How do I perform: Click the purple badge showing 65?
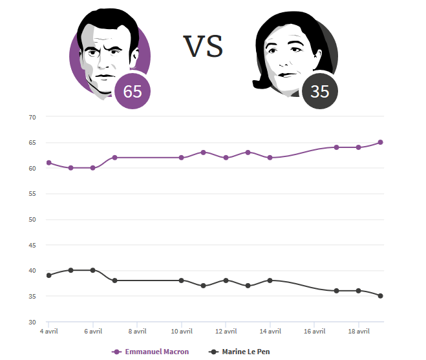133,92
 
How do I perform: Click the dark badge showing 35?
319,92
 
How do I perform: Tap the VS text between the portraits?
203,47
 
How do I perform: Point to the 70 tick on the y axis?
32,117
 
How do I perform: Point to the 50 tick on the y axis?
32,219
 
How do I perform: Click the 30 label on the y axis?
32,322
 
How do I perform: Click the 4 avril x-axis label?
49,332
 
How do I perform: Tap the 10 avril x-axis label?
182,332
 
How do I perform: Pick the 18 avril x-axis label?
359,332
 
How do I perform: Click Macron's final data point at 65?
381,142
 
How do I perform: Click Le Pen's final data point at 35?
381,296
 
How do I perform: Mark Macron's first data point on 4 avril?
49,163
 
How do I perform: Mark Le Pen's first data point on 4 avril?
49,275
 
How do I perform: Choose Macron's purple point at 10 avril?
182,158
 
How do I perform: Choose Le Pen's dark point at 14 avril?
270,281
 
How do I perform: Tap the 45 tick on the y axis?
32,245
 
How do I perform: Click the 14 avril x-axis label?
270,332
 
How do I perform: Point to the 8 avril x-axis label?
138,332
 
